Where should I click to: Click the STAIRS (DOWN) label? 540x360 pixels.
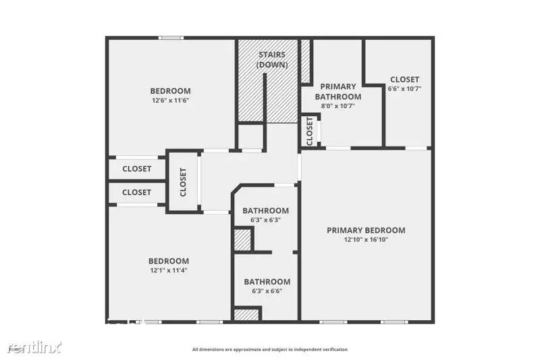pyautogui.click(x=273, y=59)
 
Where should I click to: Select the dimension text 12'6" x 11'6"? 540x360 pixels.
pyautogui.click(x=170, y=101)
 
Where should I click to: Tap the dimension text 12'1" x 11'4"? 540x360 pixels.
pyautogui.click(x=168, y=270)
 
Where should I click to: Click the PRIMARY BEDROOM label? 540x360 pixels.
pyautogui.click(x=366, y=230)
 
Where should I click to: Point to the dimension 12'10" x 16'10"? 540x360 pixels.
pyautogui.click(x=366, y=240)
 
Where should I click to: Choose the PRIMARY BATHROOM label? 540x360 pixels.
pyautogui.click(x=338, y=91)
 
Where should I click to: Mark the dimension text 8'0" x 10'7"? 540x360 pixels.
pyautogui.click(x=338, y=106)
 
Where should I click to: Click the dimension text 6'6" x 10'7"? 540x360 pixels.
pyautogui.click(x=404, y=88)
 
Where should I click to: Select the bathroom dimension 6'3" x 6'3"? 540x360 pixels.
pyautogui.click(x=265, y=220)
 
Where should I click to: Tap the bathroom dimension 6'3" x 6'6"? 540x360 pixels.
pyautogui.click(x=267, y=291)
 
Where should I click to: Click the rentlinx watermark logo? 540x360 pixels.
pyautogui.click(x=34, y=347)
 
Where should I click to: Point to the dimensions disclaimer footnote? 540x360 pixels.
pyautogui.click(x=269, y=349)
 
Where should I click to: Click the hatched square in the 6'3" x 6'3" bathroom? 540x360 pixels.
pyautogui.click(x=242, y=240)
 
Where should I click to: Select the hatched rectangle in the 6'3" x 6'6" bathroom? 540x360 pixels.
pyautogui.click(x=246, y=314)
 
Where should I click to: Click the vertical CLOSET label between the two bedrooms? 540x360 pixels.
pyautogui.click(x=183, y=182)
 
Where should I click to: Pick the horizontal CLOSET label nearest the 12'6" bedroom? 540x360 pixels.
pyautogui.click(x=136, y=169)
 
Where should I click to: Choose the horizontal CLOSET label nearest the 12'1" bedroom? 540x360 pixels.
pyautogui.click(x=136, y=192)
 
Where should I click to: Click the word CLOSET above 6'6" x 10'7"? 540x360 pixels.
pyautogui.click(x=404, y=79)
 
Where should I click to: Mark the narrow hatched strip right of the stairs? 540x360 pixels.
pyautogui.click(x=305, y=61)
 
